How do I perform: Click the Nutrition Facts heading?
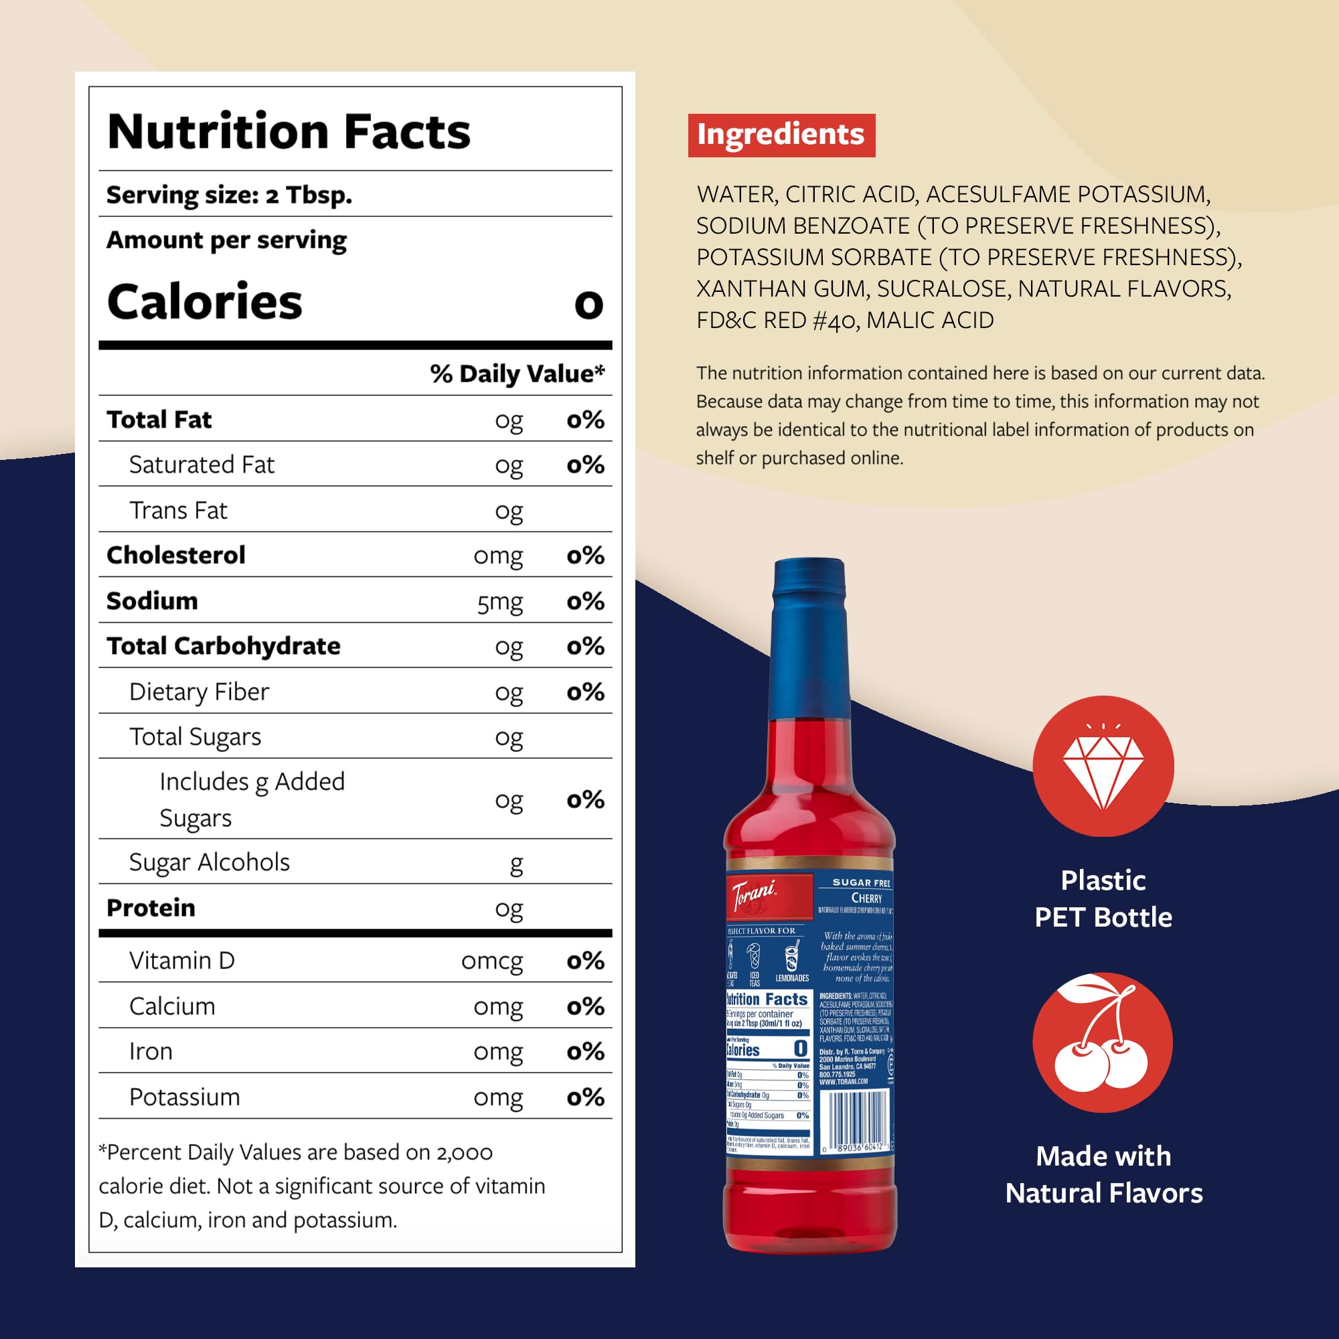click(289, 132)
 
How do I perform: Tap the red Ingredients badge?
click(781, 135)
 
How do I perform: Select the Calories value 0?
click(588, 303)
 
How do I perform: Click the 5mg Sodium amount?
click(499, 602)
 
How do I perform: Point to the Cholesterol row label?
click(176, 555)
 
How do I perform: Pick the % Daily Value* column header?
click(517, 374)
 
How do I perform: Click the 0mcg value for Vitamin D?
click(491, 961)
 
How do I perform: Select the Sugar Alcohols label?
click(210, 862)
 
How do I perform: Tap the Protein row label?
click(151, 908)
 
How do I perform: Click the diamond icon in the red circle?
click(1103, 767)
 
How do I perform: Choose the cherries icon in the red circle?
click(1103, 1043)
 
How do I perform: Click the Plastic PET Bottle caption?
click(1103, 899)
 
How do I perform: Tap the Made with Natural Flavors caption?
click(1103, 1175)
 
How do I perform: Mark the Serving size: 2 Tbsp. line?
click(230, 195)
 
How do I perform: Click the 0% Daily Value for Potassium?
click(586, 1097)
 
